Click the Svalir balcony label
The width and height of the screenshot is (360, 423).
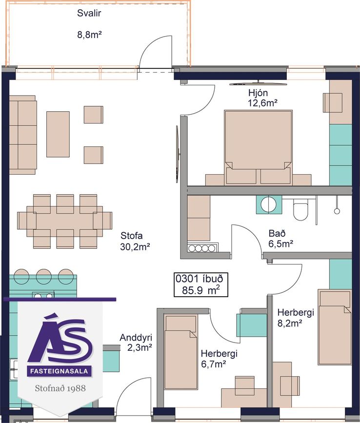tap(89, 13)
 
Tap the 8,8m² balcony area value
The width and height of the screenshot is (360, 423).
tap(89, 35)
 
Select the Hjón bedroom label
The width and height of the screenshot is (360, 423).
tap(258, 93)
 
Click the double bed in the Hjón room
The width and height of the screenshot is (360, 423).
tap(259, 147)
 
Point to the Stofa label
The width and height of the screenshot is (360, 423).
tap(131, 236)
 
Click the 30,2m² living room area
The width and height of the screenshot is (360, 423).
tap(135, 246)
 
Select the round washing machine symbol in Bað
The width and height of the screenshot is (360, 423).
tap(269, 205)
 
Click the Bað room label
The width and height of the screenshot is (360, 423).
tap(277, 233)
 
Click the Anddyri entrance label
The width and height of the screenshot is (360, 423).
tap(136, 338)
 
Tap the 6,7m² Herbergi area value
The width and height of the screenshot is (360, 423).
tap(213, 364)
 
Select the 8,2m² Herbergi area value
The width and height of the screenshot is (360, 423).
tap(290, 323)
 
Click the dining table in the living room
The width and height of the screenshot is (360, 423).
tap(65, 222)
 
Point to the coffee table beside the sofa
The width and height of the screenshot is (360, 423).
tap(58, 134)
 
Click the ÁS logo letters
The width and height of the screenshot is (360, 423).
tap(60, 340)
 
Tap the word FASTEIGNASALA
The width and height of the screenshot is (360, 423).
tap(59, 371)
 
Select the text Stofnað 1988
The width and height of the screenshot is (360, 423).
tap(60, 388)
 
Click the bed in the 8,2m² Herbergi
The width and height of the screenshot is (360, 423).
tap(335, 327)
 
